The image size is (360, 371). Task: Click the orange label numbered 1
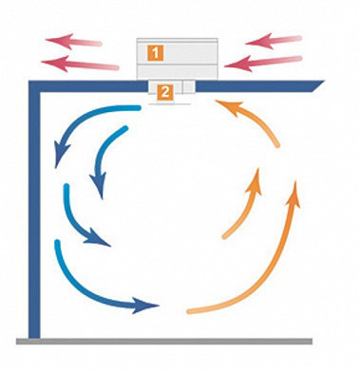pyautogui.click(x=155, y=53)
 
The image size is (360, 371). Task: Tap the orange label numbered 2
pyautogui.click(x=165, y=92)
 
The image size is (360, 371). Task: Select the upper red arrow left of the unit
pyautogui.click(x=73, y=41)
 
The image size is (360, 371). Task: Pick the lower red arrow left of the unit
pyautogui.click(x=80, y=65)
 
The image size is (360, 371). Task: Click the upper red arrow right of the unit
pyautogui.click(x=274, y=41)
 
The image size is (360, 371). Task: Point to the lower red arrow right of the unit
pyautogui.click(x=263, y=63)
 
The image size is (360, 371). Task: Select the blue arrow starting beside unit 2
pyautogui.click(x=79, y=121)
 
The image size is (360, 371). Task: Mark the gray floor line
pyautogui.click(x=164, y=342)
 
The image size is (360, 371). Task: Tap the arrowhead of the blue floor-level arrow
pyautogui.click(x=145, y=306)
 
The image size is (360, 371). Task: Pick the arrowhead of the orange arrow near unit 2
pyautogui.click(x=229, y=107)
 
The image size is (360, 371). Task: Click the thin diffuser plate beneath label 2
pyautogui.click(x=169, y=103)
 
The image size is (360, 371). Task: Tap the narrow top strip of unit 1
pyautogui.click(x=178, y=40)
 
